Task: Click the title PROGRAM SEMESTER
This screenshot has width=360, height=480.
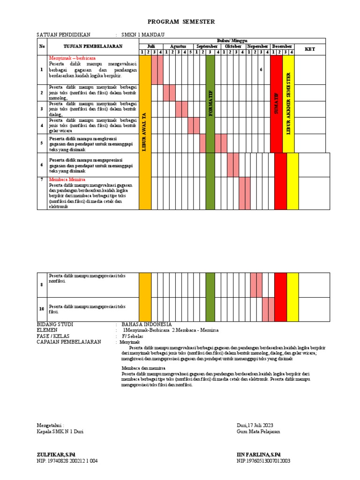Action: pyautogui.click(x=181, y=22)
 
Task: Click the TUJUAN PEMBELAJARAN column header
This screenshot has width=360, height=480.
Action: pyautogui.click(x=93, y=46)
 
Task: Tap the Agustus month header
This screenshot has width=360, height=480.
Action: pyautogui.click(x=178, y=46)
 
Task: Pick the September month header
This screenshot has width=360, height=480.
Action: pyautogui.click(x=207, y=46)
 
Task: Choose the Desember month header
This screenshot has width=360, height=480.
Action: pyautogui.click(x=282, y=46)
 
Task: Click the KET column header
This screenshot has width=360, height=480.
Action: pyautogui.click(x=310, y=49)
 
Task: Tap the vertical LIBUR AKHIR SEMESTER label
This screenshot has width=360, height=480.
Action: pyautogui.click(x=288, y=103)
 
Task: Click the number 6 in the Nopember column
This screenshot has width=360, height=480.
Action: pyautogui.click(x=261, y=70)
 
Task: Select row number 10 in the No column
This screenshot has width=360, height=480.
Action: pyautogui.click(x=42, y=309)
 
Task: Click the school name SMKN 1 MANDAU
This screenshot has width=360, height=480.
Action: pyautogui.click(x=143, y=35)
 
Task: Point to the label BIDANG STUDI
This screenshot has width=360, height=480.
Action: pyautogui.click(x=55, y=324)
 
